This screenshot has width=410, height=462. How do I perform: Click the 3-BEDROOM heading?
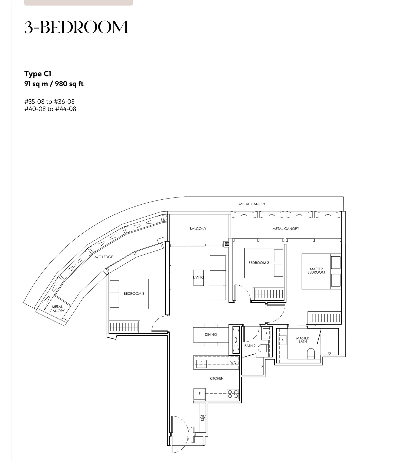point(76,27)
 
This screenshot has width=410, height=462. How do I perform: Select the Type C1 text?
point(38,74)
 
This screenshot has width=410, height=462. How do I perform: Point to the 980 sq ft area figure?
point(69,84)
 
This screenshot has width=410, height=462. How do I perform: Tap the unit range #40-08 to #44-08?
point(50,109)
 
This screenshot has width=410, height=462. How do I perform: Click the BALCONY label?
point(198,229)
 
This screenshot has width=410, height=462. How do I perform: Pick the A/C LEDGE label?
point(104,257)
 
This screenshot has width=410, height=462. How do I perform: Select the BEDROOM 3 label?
point(134,294)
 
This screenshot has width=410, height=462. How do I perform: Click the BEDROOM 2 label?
point(259,263)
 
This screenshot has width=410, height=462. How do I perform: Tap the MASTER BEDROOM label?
point(316,271)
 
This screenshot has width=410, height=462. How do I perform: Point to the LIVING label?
point(198,277)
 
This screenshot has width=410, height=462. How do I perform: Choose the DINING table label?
point(211,335)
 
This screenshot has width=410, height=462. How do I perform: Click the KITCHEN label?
point(216,378)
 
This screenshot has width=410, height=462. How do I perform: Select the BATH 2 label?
point(250,346)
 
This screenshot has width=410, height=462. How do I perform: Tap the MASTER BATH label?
point(303,340)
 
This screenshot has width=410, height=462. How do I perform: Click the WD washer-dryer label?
point(233,363)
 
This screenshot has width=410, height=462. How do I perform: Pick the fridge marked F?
point(199,394)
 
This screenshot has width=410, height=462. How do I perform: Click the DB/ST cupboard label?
point(203,418)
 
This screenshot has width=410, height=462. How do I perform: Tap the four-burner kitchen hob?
point(233,394)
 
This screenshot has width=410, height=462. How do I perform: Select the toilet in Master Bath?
point(311,354)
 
